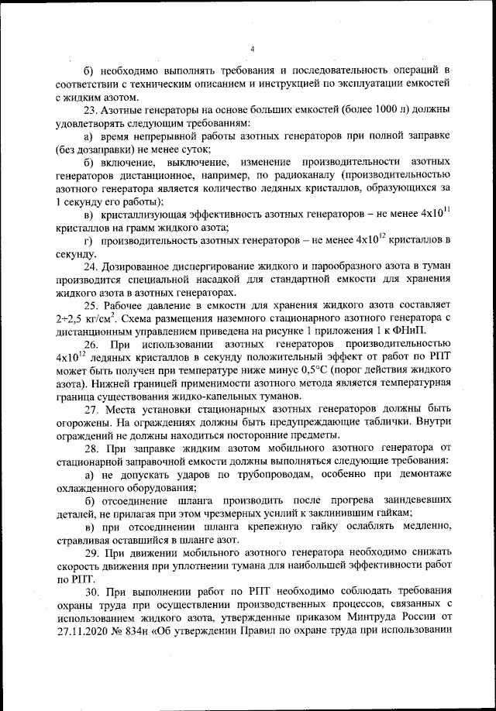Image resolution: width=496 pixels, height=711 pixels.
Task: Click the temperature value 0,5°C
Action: click(x=275, y=371)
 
